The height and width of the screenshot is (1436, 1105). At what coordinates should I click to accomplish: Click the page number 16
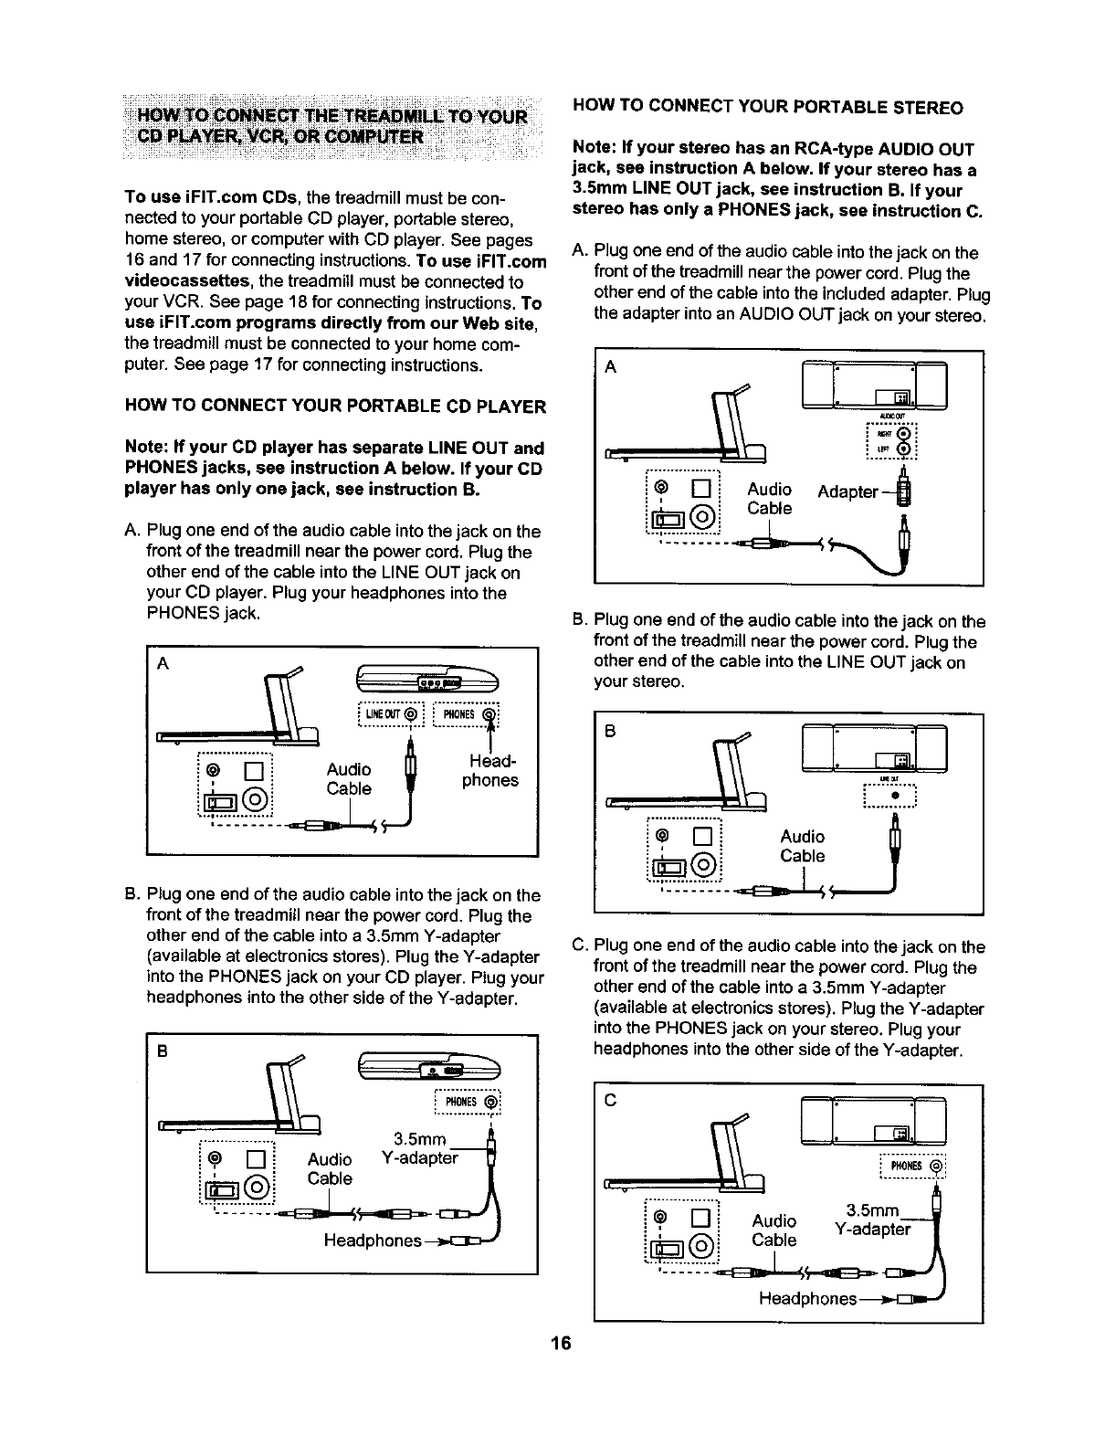(561, 1343)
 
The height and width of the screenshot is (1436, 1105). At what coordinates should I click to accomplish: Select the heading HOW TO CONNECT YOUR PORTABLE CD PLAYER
(335, 406)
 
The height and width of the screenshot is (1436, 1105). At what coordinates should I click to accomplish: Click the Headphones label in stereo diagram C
(807, 1298)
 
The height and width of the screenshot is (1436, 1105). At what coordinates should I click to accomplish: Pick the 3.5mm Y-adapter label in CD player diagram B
(419, 1148)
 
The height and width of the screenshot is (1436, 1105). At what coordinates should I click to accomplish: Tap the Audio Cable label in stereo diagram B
(802, 846)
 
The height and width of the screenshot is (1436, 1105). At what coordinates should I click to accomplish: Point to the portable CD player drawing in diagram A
(428, 680)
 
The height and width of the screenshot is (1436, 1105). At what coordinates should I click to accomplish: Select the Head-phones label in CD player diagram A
(489, 770)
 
